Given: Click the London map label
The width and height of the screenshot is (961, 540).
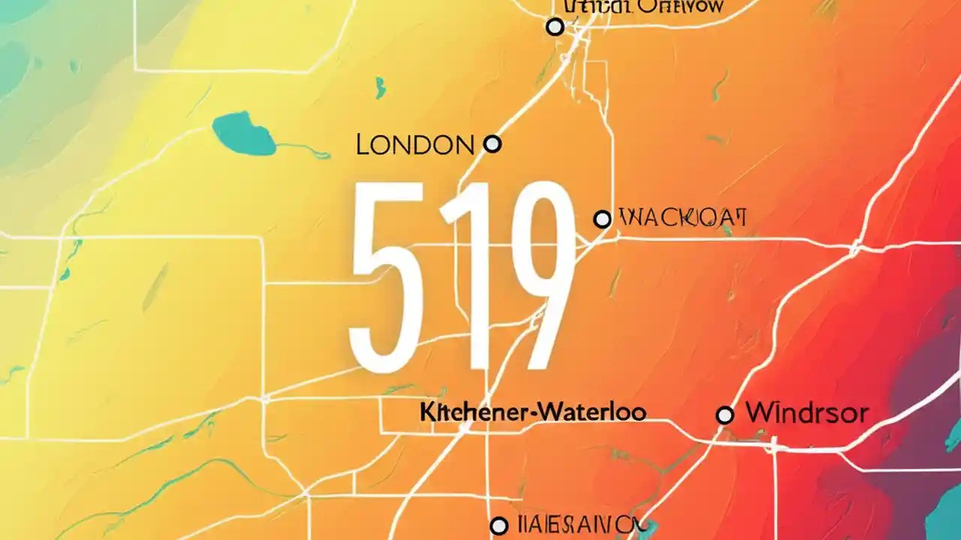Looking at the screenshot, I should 415,145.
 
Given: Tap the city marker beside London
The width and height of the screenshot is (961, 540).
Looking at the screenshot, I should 493,144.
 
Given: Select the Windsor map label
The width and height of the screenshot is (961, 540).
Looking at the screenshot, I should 806,413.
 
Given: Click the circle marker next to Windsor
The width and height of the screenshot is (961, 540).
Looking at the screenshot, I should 725,415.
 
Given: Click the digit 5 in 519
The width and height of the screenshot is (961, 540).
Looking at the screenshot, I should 387,277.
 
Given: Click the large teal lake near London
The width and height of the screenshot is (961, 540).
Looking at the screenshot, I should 243,134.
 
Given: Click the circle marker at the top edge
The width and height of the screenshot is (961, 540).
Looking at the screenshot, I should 555,27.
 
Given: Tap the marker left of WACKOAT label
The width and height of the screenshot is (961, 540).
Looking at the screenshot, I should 602,219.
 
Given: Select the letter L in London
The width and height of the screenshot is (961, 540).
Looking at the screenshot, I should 362,145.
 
